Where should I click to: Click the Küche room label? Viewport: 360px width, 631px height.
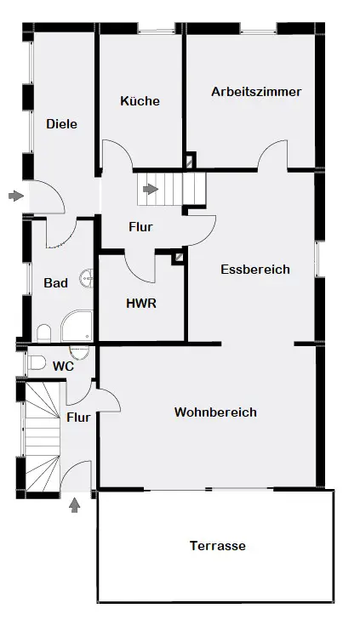click(x=140, y=100)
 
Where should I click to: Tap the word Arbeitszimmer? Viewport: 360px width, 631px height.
click(x=256, y=92)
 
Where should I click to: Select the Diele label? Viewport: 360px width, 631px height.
click(x=61, y=124)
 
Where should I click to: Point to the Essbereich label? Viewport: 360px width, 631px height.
click(x=255, y=270)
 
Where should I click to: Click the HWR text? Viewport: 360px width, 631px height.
click(x=141, y=304)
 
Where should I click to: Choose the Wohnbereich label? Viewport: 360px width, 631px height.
click(x=215, y=412)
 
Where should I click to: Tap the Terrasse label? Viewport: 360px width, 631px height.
click(x=218, y=546)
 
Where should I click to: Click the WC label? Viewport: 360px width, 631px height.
click(x=63, y=367)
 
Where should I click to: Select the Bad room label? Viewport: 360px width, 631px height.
click(x=55, y=283)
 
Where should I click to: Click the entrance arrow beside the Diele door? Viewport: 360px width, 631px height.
click(x=16, y=196)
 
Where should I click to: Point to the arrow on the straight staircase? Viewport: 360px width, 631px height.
click(x=151, y=189)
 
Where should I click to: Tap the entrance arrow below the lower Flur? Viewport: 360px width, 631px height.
click(x=75, y=505)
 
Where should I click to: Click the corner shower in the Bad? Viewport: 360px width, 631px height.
click(x=77, y=326)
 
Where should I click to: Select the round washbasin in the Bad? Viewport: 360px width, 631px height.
click(x=87, y=277)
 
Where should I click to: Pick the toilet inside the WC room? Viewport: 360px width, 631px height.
click(x=37, y=362)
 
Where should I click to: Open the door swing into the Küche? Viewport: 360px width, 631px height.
click(x=117, y=154)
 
